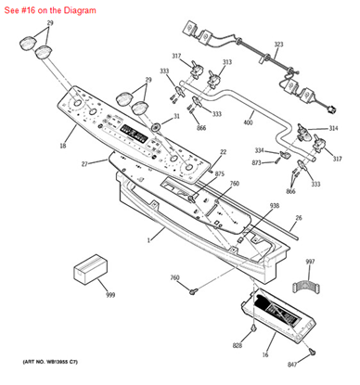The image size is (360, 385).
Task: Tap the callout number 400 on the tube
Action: [x=248, y=122]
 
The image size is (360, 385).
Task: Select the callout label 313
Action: [x=225, y=62]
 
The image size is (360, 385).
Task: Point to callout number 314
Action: [x=333, y=128]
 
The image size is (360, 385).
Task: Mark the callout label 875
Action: [x=219, y=174]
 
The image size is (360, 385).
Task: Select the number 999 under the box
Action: [x=110, y=294]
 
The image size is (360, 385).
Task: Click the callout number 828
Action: [x=237, y=345]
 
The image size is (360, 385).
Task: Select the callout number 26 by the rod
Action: [x=297, y=220]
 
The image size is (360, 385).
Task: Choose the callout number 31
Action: [x=177, y=116]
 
